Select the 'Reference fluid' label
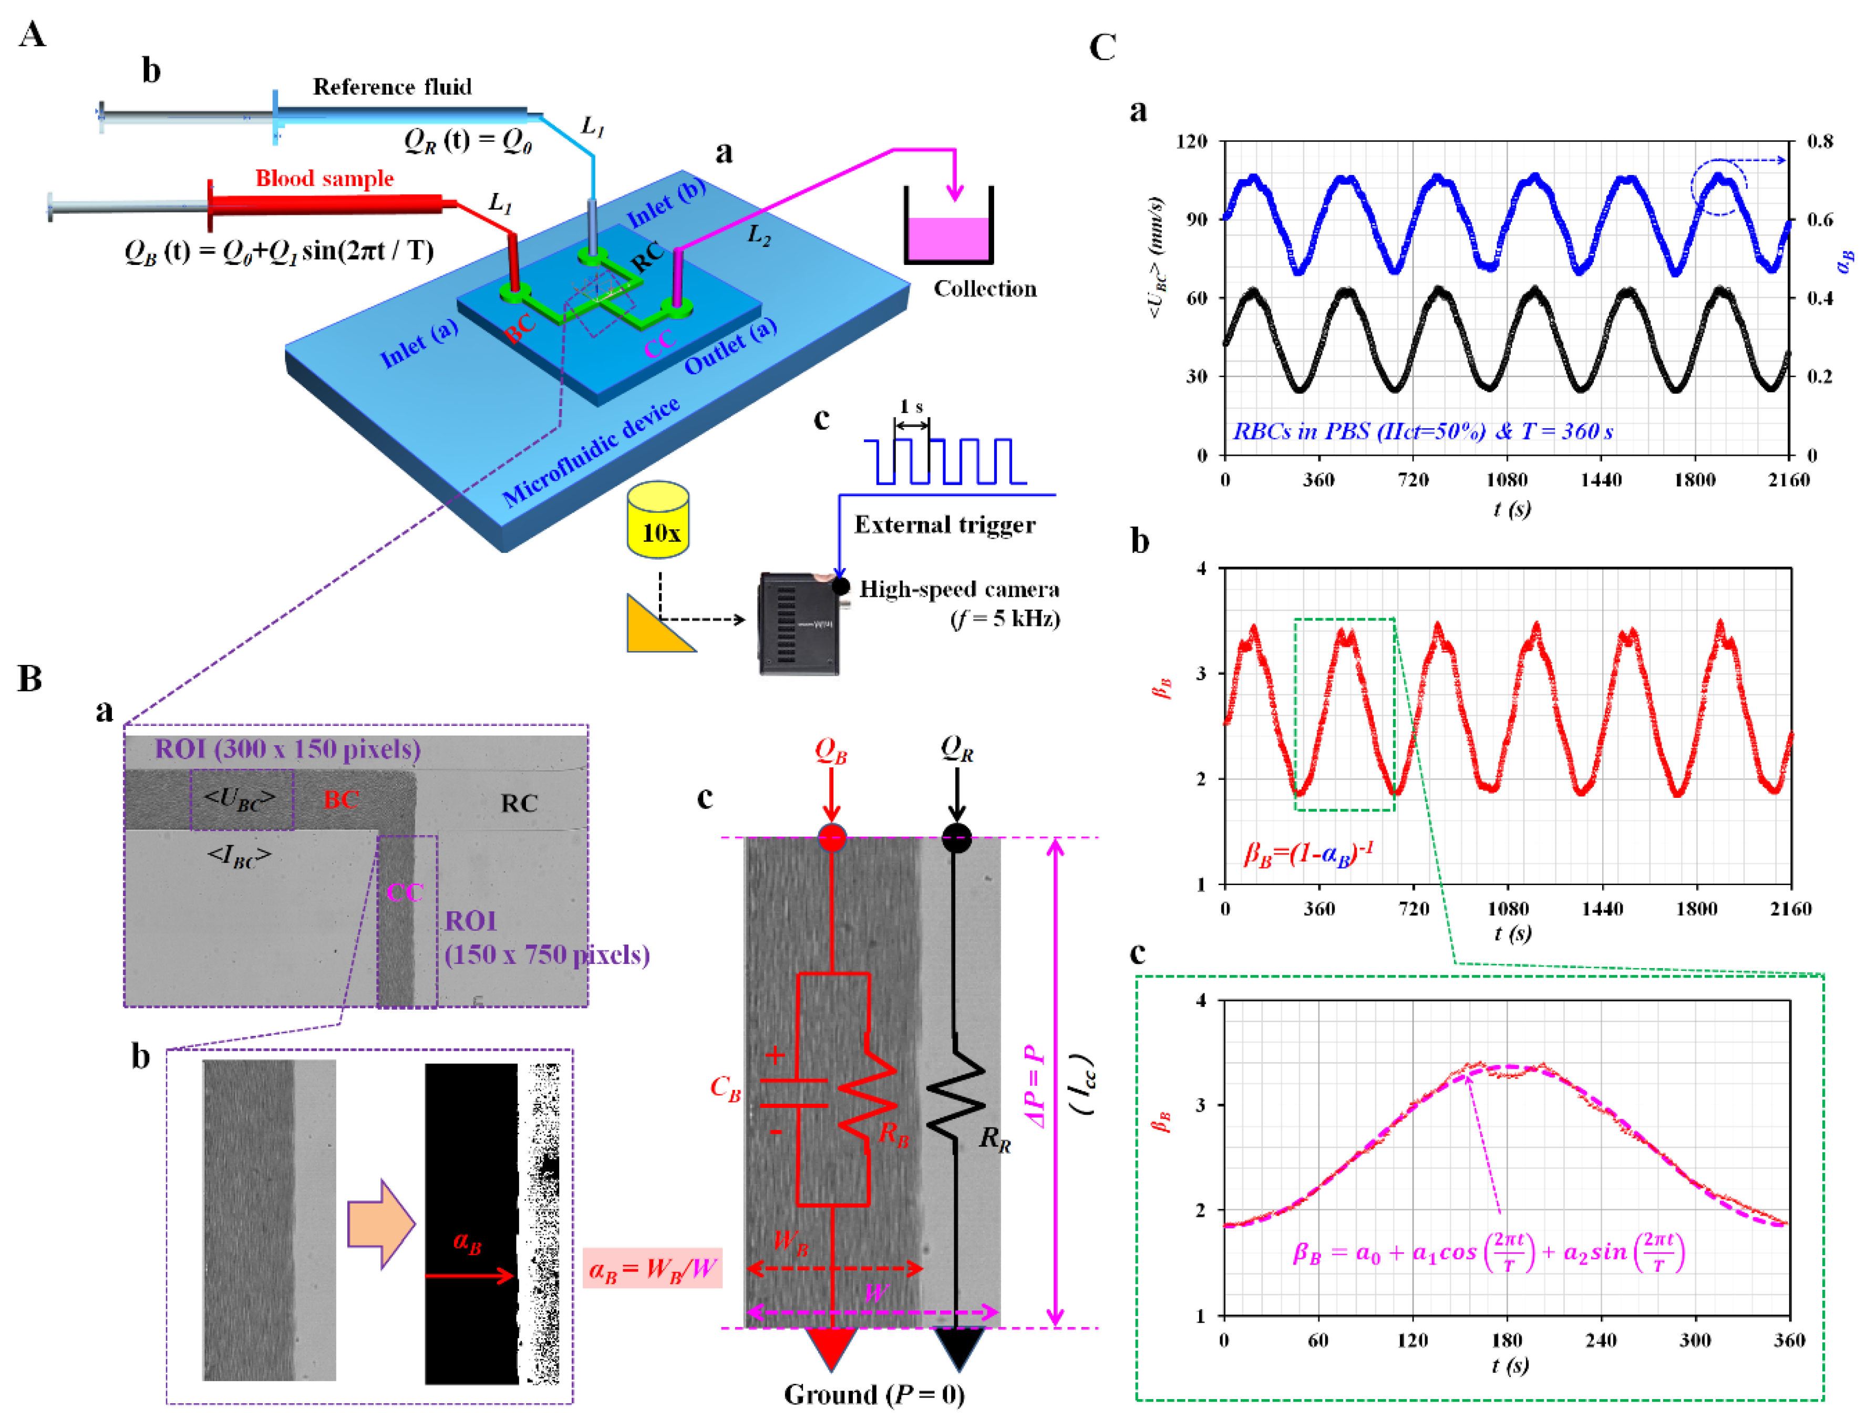(x=392, y=87)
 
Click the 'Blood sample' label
(x=325, y=179)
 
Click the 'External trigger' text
(x=944, y=525)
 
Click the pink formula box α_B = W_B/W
(x=652, y=1269)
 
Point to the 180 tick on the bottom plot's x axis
(x=1506, y=1340)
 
